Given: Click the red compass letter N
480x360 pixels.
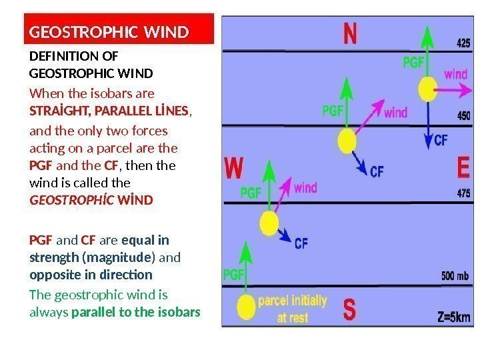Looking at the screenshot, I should (x=349, y=34).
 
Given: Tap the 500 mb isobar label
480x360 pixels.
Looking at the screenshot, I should (x=455, y=275).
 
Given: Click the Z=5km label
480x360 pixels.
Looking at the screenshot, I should (x=455, y=317).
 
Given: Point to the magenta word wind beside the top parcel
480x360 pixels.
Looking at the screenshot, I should (x=457, y=74).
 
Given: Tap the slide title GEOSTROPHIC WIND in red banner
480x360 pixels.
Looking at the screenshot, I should (x=109, y=31).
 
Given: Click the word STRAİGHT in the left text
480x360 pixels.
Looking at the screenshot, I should (x=54, y=109).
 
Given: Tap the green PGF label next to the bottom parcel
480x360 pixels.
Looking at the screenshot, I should (x=233, y=273).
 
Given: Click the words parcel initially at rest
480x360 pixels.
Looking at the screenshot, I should (x=293, y=308).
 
